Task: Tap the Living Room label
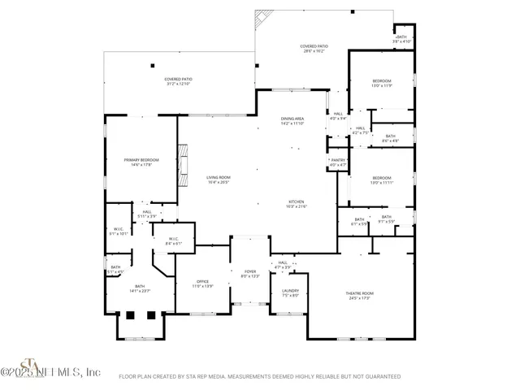(218, 179)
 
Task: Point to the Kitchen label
(297, 203)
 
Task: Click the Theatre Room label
(360, 295)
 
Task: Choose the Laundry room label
(290, 292)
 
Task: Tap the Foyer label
(249, 273)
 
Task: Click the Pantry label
(338, 162)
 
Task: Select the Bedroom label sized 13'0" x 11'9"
(382, 82)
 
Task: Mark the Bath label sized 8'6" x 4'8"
(390, 138)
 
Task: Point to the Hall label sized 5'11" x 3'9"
(147, 214)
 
